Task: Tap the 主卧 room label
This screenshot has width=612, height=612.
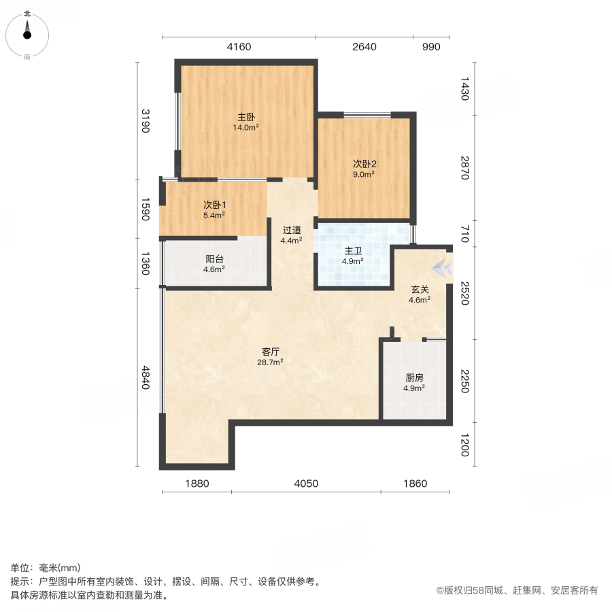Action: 246,116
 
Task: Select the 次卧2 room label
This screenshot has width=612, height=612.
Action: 364,164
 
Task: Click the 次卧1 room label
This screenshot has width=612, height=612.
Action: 214,205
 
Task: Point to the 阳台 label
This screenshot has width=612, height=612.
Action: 214,259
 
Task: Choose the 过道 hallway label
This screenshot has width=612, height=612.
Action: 292,229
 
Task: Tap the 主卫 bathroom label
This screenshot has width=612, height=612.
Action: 352,250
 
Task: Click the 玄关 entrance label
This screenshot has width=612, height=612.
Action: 419,289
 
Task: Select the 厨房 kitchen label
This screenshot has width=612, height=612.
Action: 414,377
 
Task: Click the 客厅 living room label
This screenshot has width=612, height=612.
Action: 271,352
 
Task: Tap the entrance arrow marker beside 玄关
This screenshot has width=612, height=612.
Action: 443,268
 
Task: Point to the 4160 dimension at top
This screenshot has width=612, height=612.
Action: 239,47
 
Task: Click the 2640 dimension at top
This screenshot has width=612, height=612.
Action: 364,47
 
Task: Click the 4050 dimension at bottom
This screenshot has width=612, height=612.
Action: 306,483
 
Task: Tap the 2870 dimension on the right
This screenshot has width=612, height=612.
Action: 465,168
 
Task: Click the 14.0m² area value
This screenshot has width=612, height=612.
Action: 246,127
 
